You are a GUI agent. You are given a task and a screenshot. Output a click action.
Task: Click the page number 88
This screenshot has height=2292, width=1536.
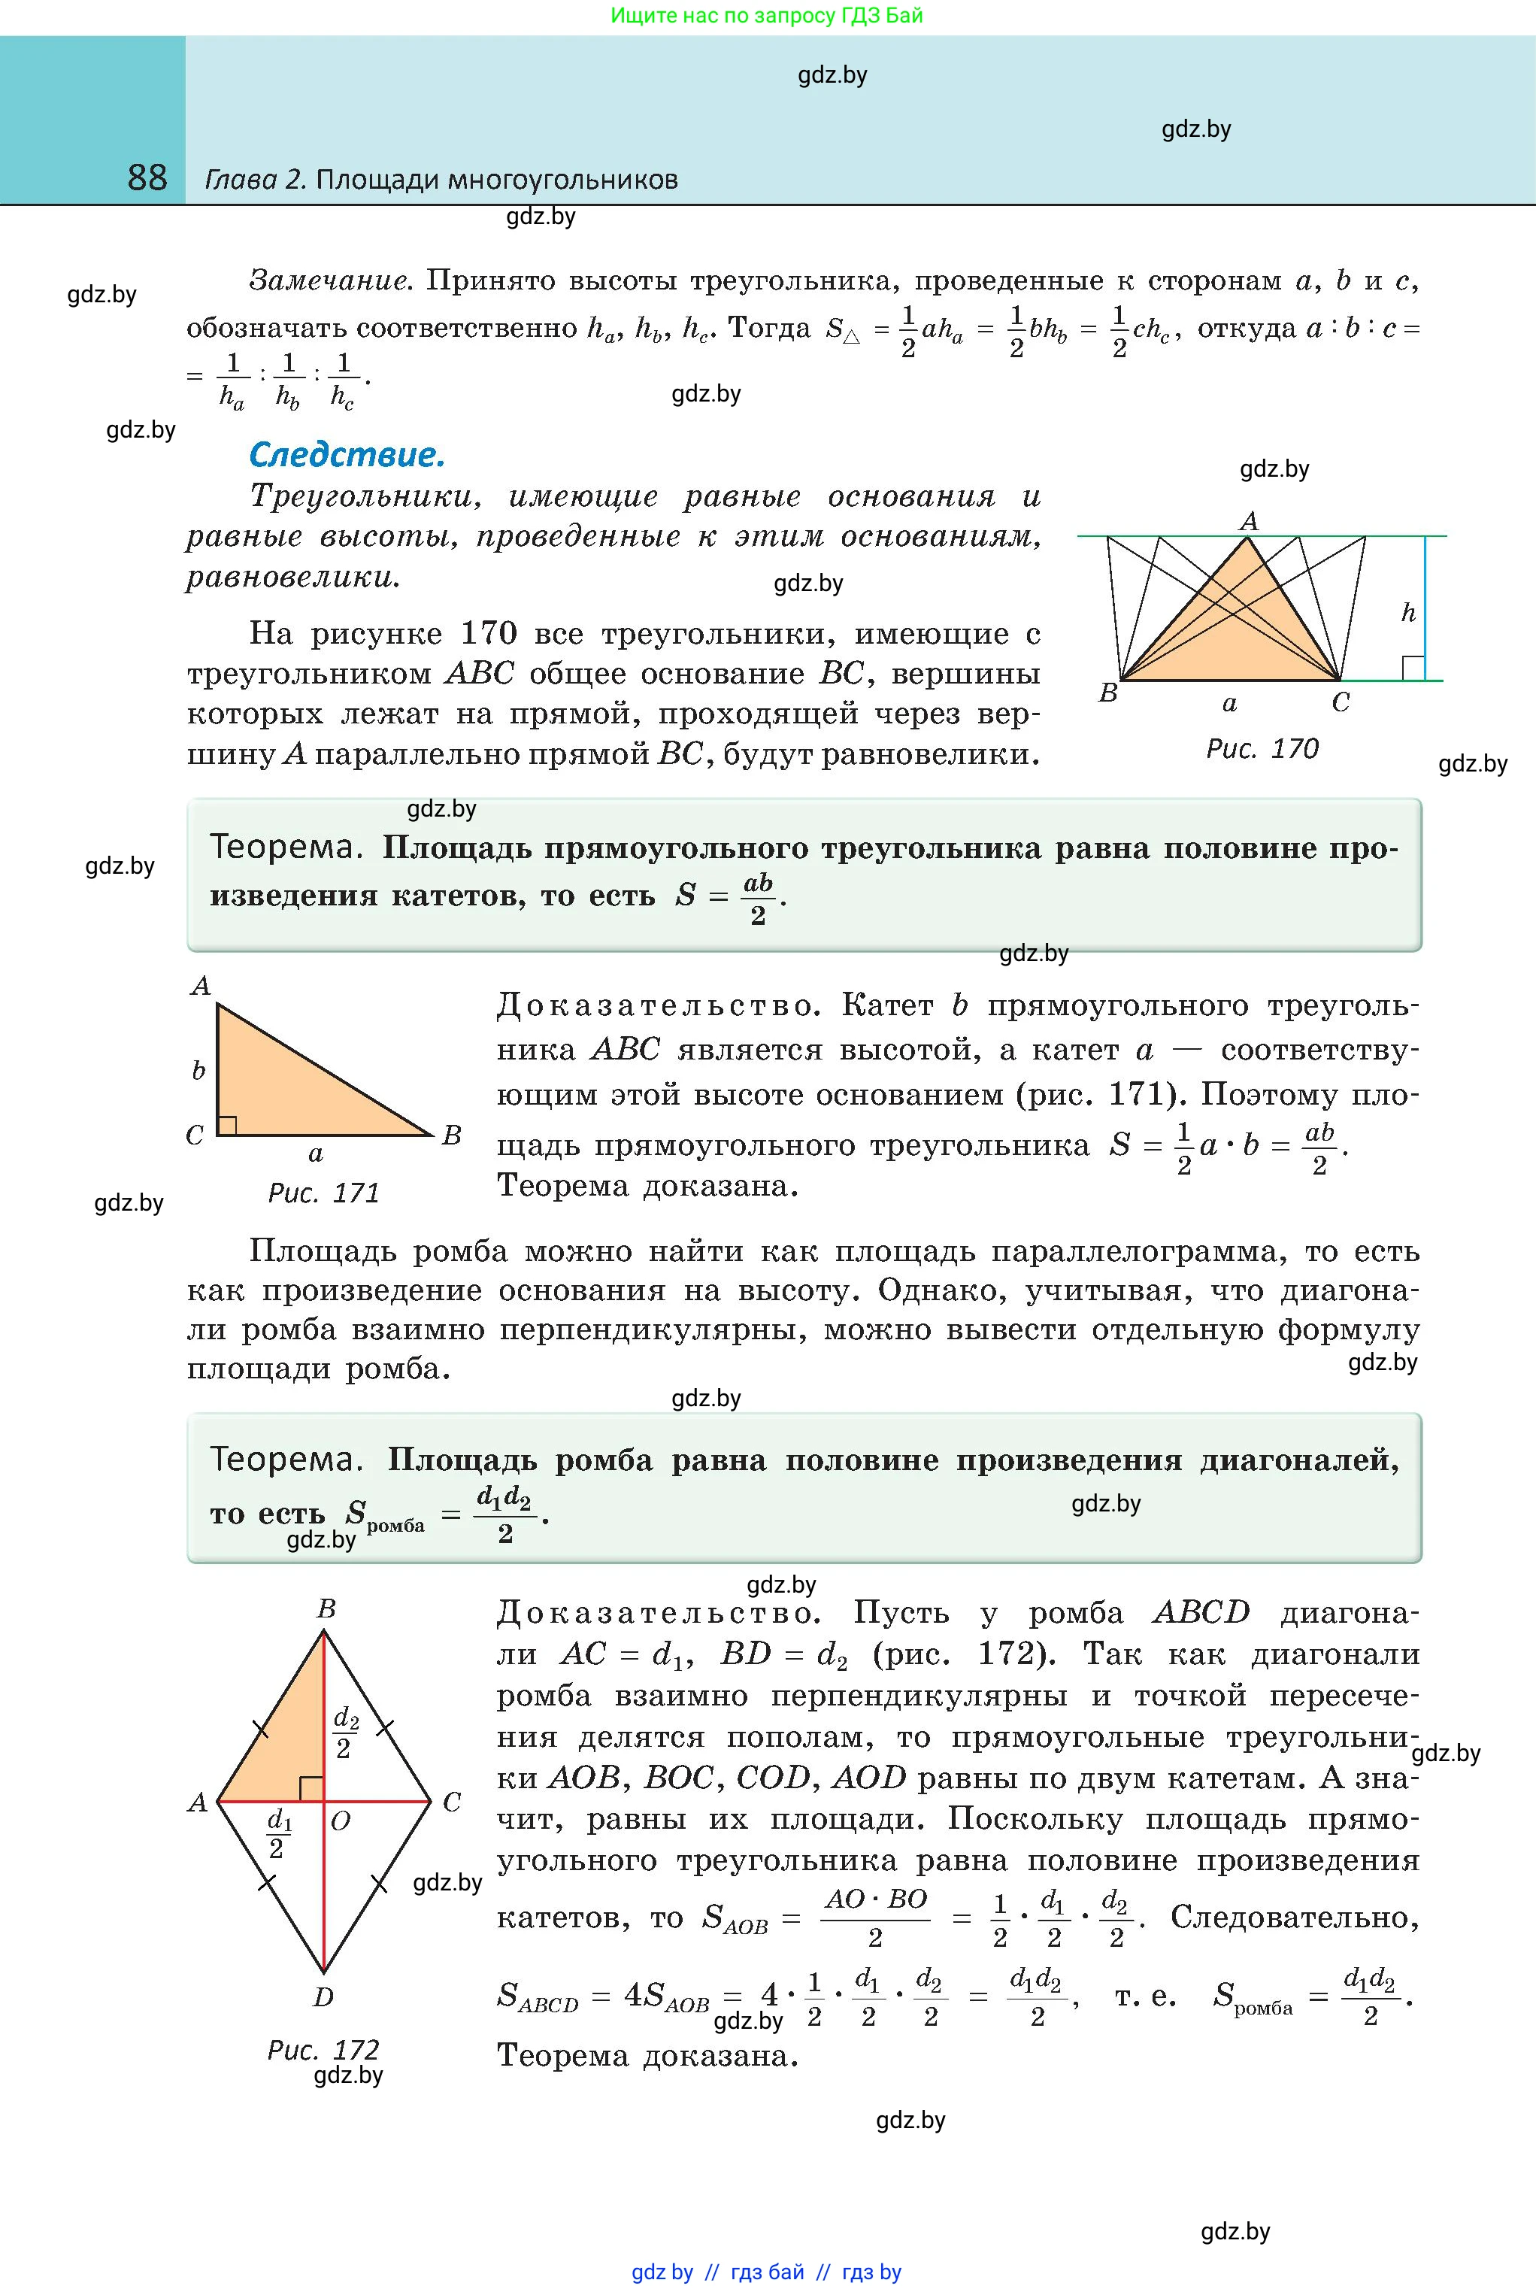(147, 177)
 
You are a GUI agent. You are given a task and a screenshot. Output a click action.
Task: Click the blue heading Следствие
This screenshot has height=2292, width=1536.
(347, 454)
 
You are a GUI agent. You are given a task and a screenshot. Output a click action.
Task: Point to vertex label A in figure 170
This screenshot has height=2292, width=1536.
(1248, 521)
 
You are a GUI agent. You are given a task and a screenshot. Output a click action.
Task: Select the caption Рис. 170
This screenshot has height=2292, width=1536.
(1262, 749)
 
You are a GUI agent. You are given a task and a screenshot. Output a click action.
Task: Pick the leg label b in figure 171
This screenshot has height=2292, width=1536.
(198, 1071)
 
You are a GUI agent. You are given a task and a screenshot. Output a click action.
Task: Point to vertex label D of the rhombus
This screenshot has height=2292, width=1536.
(323, 1996)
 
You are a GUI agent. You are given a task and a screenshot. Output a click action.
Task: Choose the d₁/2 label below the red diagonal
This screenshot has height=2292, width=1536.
(279, 1833)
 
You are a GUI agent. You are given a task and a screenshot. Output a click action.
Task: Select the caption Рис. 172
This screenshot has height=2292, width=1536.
(323, 2049)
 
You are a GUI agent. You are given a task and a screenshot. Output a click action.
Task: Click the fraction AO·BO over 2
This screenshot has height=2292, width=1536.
(875, 1916)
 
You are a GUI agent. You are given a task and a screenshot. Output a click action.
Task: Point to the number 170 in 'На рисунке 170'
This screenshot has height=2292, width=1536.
(488, 634)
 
